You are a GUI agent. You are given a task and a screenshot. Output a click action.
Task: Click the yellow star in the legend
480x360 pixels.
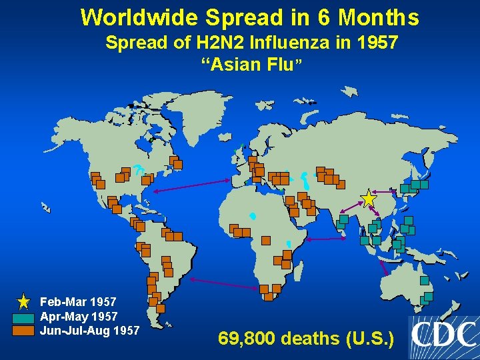23,302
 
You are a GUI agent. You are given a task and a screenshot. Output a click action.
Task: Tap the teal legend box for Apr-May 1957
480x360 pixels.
23,317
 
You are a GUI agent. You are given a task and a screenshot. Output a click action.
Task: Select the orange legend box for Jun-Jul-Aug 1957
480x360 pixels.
23,330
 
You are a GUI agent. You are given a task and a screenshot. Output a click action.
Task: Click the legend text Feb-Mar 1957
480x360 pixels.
78,303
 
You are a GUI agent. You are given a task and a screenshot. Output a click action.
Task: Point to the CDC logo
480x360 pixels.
443,337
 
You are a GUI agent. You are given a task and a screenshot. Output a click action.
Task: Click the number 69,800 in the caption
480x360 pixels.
246,339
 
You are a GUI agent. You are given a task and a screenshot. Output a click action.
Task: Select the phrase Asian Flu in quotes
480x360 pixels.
252,65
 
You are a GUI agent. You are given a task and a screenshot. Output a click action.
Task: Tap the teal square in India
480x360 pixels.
343,219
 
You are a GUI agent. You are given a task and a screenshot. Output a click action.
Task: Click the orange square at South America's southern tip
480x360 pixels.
161,309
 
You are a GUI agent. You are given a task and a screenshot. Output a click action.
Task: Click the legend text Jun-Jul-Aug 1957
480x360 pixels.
90,331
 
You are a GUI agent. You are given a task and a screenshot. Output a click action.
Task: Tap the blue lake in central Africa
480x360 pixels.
253,216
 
